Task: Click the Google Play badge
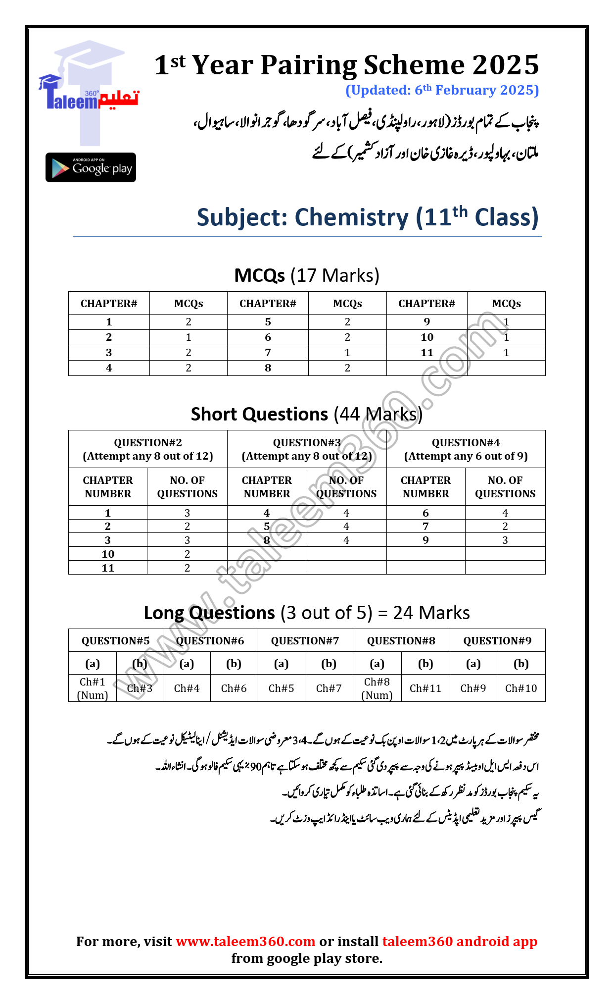(91, 167)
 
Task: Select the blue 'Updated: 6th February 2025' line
(442, 90)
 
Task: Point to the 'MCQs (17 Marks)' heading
(306, 275)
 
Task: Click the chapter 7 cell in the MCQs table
(268, 353)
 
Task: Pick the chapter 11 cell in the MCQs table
(426, 353)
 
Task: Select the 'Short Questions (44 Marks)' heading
(306, 414)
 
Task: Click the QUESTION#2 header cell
(147, 449)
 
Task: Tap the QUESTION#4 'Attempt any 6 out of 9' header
(466, 449)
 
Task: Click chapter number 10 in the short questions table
(108, 554)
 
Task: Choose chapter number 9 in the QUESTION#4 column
(425, 540)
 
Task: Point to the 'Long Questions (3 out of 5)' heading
(306, 613)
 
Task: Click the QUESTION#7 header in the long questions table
(305, 641)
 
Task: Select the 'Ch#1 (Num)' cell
(93, 688)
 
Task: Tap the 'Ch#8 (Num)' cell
(377, 688)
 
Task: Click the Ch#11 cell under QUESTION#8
(425, 688)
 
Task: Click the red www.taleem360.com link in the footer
(245, 941)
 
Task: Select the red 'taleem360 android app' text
(460, 941)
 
